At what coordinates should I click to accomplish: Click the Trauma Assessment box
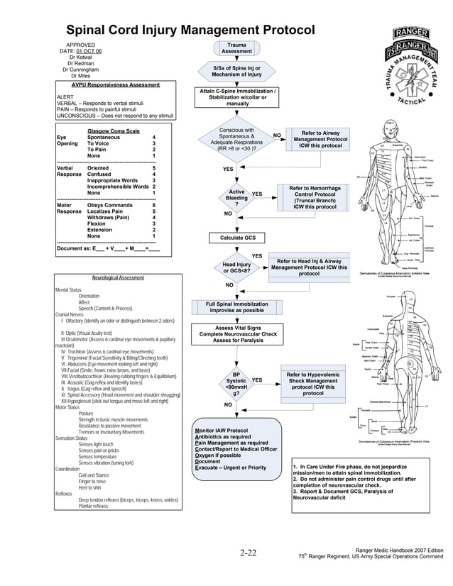[236, 48]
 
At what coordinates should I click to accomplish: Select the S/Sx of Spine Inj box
[236, 71]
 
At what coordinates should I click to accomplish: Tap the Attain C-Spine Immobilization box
[237, 98]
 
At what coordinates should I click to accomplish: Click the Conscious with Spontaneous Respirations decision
[236, 142]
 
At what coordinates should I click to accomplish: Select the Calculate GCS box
[237, 238]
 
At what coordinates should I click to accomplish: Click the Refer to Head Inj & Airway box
[309, 267]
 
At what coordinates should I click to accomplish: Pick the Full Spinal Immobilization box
[236, 306]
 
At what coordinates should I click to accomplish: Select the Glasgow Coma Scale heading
[113, 131]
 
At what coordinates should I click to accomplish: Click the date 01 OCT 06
[89, 52]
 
